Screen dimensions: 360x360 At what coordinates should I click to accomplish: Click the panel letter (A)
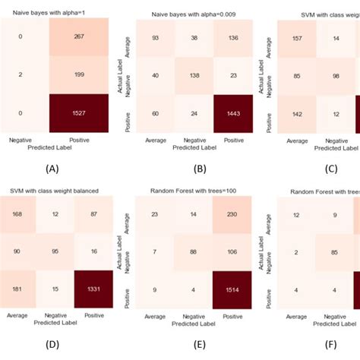(x=52, y=169)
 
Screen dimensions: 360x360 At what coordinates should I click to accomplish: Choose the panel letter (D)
(x=52, y=344)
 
